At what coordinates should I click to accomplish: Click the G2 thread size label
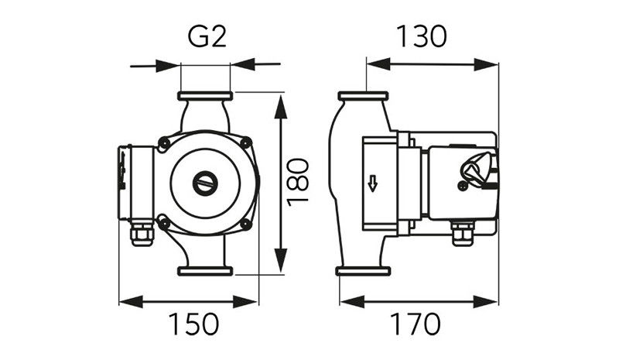point(207,36)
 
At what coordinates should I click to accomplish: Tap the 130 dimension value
point(421,36)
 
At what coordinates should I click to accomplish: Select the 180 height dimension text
point(298,182)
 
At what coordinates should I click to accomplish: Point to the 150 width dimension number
point(193,324)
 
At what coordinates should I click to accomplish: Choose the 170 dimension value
point(415,324)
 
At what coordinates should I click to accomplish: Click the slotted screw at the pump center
point(205,183)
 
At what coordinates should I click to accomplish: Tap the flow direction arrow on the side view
point(373,183)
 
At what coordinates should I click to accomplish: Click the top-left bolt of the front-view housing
point(163,142)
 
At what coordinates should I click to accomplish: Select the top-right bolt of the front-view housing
point(245,142)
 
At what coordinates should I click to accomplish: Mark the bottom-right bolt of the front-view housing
point(245,224)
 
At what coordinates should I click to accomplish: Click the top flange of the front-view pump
point(205,96)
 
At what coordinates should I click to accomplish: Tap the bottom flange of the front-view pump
point(205,271)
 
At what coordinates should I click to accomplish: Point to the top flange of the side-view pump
point(364,96)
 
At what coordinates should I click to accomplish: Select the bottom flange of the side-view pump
point(363,271)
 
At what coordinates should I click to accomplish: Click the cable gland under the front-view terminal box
point(142,234)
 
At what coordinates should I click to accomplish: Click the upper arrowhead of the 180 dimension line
point(281,107)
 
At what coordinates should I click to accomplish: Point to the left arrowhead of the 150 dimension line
point(131,302)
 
